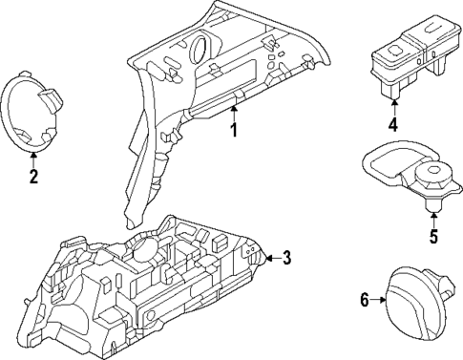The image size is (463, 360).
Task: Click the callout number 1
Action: tap(232, 130)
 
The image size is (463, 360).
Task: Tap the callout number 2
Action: tap(33, 176)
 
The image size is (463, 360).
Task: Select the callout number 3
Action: tap(288, 257)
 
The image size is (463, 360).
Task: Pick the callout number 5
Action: tap(432, 237)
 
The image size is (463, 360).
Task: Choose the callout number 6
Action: tap(364, 300)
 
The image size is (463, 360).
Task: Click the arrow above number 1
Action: tap(232, 113)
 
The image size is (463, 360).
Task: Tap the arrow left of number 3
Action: tap(271, 257)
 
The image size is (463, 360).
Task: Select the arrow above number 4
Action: tap(392, 106)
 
